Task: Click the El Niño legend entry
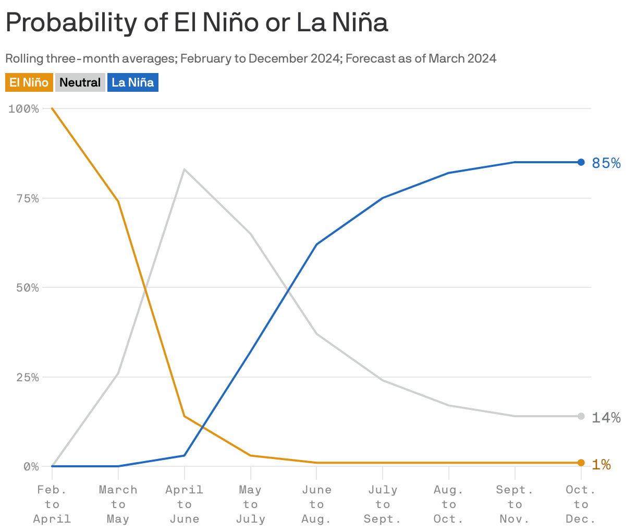pyautogui.click(x=29, y=82)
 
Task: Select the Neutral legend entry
pyautogui.click(x=80, y=82)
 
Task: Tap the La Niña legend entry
pyautogui.click(x=132, y=82)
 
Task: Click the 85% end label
pyautogui.click(x=606, y=163)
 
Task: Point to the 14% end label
pyautogui.click(x=606, y=417)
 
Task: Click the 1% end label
pyautogui.click(x=602, y=464)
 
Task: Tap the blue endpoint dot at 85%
pyautogui.click(x=581, y=162)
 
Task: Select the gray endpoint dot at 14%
pyautogui.click(x=581, y=416)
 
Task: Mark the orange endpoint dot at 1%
pyautogui.click(x=581, y=463)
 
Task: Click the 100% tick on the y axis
pyautogui.click(x=24, y=109)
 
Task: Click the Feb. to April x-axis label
pyautogui.click(x=52, y=504)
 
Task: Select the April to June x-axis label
pyautogui.click(x=184, y=504)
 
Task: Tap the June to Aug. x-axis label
pyautogui.click(x=316, y=504)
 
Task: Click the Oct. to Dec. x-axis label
pyautogui.click(x=581, y=504)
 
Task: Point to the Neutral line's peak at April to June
pyautogui.click(x=184, y=170)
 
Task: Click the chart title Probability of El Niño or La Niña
pyautogui.click(x=197, y=23)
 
